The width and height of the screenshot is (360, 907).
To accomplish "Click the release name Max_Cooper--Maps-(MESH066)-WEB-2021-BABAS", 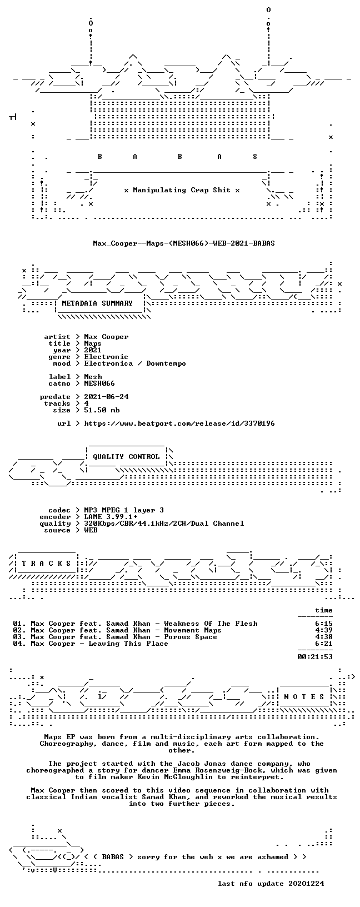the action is point(184,243).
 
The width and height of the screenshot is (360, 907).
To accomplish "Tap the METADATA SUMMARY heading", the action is point(97,303).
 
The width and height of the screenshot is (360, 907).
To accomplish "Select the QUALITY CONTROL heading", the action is point(126,457).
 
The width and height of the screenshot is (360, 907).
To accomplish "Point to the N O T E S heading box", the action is point(304,697).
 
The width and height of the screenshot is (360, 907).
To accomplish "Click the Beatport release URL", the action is point(179,423).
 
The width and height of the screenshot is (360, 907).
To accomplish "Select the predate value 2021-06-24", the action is point(107,397).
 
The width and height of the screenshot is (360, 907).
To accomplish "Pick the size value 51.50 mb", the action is point(102,410).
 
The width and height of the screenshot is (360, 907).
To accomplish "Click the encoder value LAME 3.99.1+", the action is point(111,517).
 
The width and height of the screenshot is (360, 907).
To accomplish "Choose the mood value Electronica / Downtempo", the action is point(135,363).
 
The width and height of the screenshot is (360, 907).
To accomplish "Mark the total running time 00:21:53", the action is point(315,657).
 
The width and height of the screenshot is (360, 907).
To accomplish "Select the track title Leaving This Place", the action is point(128,644).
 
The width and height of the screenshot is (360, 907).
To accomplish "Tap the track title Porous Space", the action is point(191,637).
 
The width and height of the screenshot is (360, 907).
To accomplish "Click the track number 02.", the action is point(18,630).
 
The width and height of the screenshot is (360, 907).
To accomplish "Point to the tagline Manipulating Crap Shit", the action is point(182,190).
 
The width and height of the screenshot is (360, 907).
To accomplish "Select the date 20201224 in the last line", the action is point(306,883).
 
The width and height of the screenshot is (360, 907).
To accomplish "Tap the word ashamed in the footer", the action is point(273,857).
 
